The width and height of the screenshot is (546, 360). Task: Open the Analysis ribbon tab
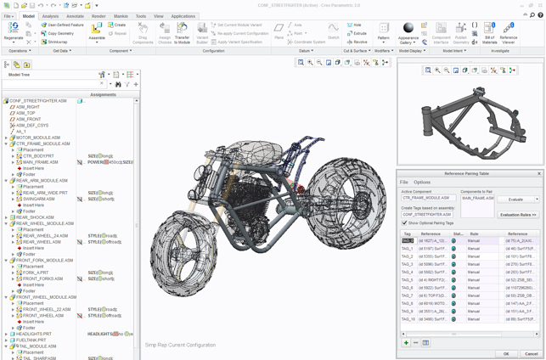click(x=51, y=16)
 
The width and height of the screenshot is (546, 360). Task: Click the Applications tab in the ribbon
click(x=183, y=16)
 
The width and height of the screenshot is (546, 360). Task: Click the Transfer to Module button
click(x=183, y=33)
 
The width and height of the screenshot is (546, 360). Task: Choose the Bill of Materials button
click(x=490, y=33)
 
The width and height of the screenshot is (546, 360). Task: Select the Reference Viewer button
click(x=509, y=33)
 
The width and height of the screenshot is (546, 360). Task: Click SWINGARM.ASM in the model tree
click(x=39, y=200)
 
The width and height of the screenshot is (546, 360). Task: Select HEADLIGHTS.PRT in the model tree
click(x=34, y=334)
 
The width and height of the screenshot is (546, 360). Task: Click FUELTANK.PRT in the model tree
click(x=32, y=340)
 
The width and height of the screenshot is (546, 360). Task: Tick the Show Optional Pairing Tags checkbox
click(x=404, y=223)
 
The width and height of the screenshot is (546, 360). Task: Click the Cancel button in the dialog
click(x=531, y=353)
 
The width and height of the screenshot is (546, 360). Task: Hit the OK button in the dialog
click(x=506, y=353)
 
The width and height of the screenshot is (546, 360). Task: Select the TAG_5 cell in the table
click(x=408, y=279)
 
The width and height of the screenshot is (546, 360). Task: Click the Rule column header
click(x=474, y=233)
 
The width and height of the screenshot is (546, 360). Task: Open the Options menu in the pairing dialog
click(x=422, y=182)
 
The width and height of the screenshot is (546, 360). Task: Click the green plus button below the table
click(x=406, y=343)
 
